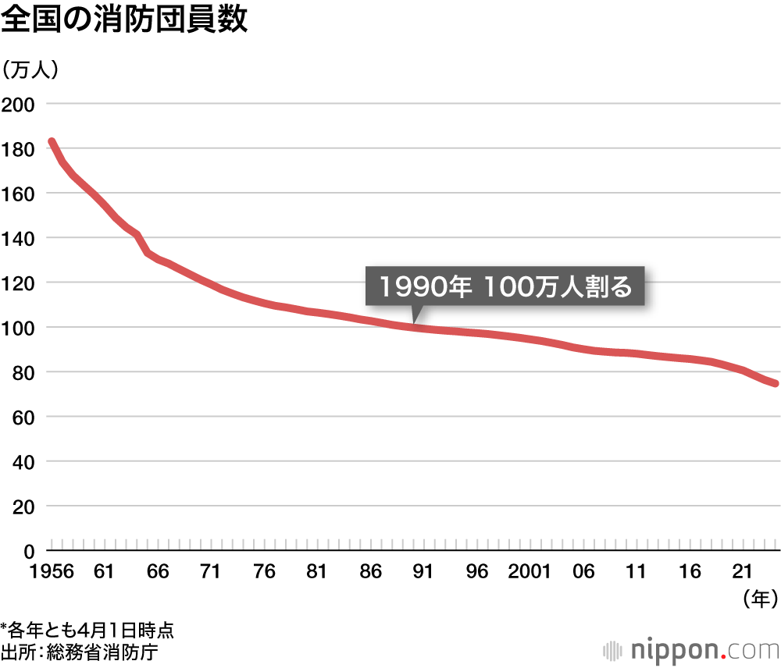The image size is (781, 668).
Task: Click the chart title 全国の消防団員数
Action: tap(124, 21)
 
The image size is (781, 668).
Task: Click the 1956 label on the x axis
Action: tap(52, 572)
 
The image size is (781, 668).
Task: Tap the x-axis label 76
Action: tap(265, 572)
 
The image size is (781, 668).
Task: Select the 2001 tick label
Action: tap(530, 572)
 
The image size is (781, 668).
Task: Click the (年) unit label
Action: tap(758, 599)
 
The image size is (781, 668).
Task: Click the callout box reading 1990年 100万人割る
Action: tap(505, 287)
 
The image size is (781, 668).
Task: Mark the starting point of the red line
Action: tap(52, 142)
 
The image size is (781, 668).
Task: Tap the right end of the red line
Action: tap(775, 383)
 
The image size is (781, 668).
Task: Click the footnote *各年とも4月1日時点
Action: tap(87, 629)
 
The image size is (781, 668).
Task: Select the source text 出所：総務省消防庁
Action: tap(80, 651)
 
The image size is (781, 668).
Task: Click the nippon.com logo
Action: tap(691, 649)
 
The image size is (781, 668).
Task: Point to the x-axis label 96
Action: tap(476, 572)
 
